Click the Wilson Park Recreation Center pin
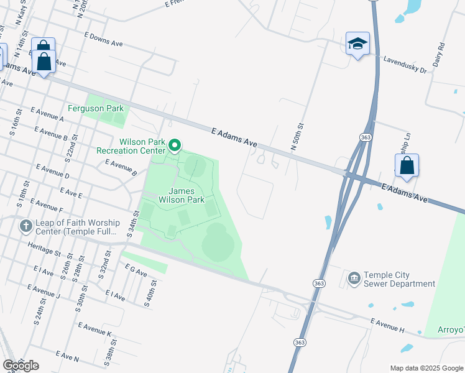pos(175,146)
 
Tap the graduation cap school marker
pos(357,44)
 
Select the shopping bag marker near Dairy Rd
pos(407,166)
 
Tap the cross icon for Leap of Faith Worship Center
pos(25,225)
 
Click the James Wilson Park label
pos(181,195)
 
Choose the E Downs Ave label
pos(103,40)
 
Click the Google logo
pos(21,366)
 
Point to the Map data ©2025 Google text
pos(426,367)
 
